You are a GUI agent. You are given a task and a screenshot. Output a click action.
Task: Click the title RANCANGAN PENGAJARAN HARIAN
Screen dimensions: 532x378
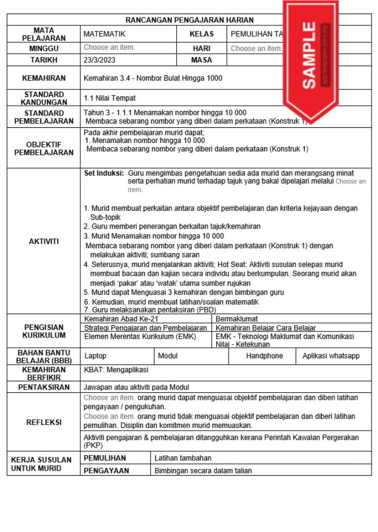click(189, 20)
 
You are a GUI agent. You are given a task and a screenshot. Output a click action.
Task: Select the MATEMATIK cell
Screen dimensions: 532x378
click(104, 34)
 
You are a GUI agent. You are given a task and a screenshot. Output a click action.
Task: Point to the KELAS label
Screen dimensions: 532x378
click(201, 34)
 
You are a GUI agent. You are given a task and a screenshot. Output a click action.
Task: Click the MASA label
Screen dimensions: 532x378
click(201, 60)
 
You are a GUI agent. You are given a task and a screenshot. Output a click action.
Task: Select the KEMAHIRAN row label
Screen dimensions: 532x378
click(44, 79)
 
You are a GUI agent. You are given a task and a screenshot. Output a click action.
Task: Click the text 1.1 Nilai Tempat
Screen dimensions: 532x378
click(110, 99)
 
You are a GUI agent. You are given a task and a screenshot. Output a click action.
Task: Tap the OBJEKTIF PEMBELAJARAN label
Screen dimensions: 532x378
click(44, 148)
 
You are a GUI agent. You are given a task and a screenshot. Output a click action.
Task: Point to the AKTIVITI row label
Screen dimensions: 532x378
click(44, 242)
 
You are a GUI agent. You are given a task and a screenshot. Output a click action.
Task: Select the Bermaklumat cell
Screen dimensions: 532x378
click(236, 319)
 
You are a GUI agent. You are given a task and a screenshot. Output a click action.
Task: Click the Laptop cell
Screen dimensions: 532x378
click(95, 356)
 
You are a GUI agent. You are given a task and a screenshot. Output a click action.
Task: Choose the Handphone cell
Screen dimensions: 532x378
click(264, 356)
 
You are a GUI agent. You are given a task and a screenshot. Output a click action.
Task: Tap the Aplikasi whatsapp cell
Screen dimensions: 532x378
click(331, 356)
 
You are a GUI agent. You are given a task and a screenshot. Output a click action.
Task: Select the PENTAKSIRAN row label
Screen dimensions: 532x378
click(44, 387)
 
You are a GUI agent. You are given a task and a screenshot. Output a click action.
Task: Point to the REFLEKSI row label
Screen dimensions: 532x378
click(44, 422)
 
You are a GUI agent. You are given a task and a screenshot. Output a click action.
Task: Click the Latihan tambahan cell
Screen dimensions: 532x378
click(183, 458)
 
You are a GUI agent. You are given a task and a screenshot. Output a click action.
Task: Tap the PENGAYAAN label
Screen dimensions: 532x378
click(106, 471)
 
